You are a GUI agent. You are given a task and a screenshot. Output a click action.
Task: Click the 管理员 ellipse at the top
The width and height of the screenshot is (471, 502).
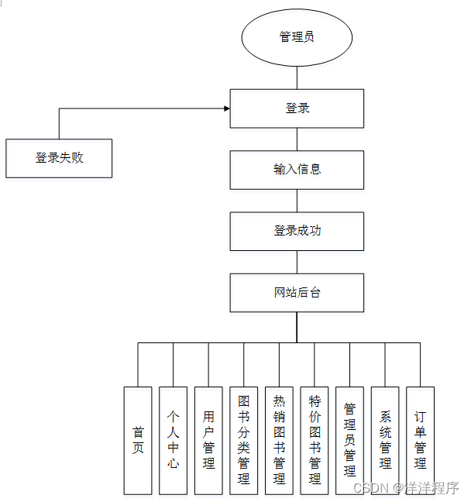pos(297,37)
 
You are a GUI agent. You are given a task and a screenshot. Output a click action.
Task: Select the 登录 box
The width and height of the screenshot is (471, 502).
pos(297,108)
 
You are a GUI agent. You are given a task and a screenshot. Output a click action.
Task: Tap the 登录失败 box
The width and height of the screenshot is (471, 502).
pos(59,158)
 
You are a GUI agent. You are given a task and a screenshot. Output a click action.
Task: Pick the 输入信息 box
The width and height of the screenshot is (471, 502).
pos(297,170)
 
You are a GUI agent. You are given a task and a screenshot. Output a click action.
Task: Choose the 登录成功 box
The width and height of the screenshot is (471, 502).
pos(297,231)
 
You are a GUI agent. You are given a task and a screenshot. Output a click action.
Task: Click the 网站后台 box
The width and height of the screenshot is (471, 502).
pos(297,293)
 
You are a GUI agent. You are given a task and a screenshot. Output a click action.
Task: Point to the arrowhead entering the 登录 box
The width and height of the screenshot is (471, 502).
pos(226,108)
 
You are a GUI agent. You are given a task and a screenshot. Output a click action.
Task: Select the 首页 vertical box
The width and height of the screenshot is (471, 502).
pos(138,440)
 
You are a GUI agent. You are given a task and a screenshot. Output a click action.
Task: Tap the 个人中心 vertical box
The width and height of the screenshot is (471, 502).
pos(173,440)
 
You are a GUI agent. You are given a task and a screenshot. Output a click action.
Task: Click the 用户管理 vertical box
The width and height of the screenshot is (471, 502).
pos(208,440)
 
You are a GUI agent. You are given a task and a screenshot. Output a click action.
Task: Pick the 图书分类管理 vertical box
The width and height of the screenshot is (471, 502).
pos(244,440)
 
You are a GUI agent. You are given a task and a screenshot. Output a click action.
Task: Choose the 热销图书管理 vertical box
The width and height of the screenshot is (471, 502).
pos(279,440)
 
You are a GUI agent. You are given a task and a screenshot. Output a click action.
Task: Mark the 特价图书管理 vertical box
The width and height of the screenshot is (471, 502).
pos(315,440)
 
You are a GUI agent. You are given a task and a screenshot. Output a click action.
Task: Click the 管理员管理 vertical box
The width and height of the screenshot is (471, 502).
pos(349,440)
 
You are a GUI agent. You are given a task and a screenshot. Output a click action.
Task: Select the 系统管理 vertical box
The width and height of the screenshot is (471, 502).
pos(385,440)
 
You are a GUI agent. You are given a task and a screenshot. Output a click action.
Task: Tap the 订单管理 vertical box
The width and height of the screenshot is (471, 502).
pos(420,440)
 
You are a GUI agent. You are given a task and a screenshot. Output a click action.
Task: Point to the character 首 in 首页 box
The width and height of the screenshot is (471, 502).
pos(138,433)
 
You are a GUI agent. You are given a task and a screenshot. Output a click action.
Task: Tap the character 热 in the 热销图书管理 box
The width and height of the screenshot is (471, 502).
pos(279,401)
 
